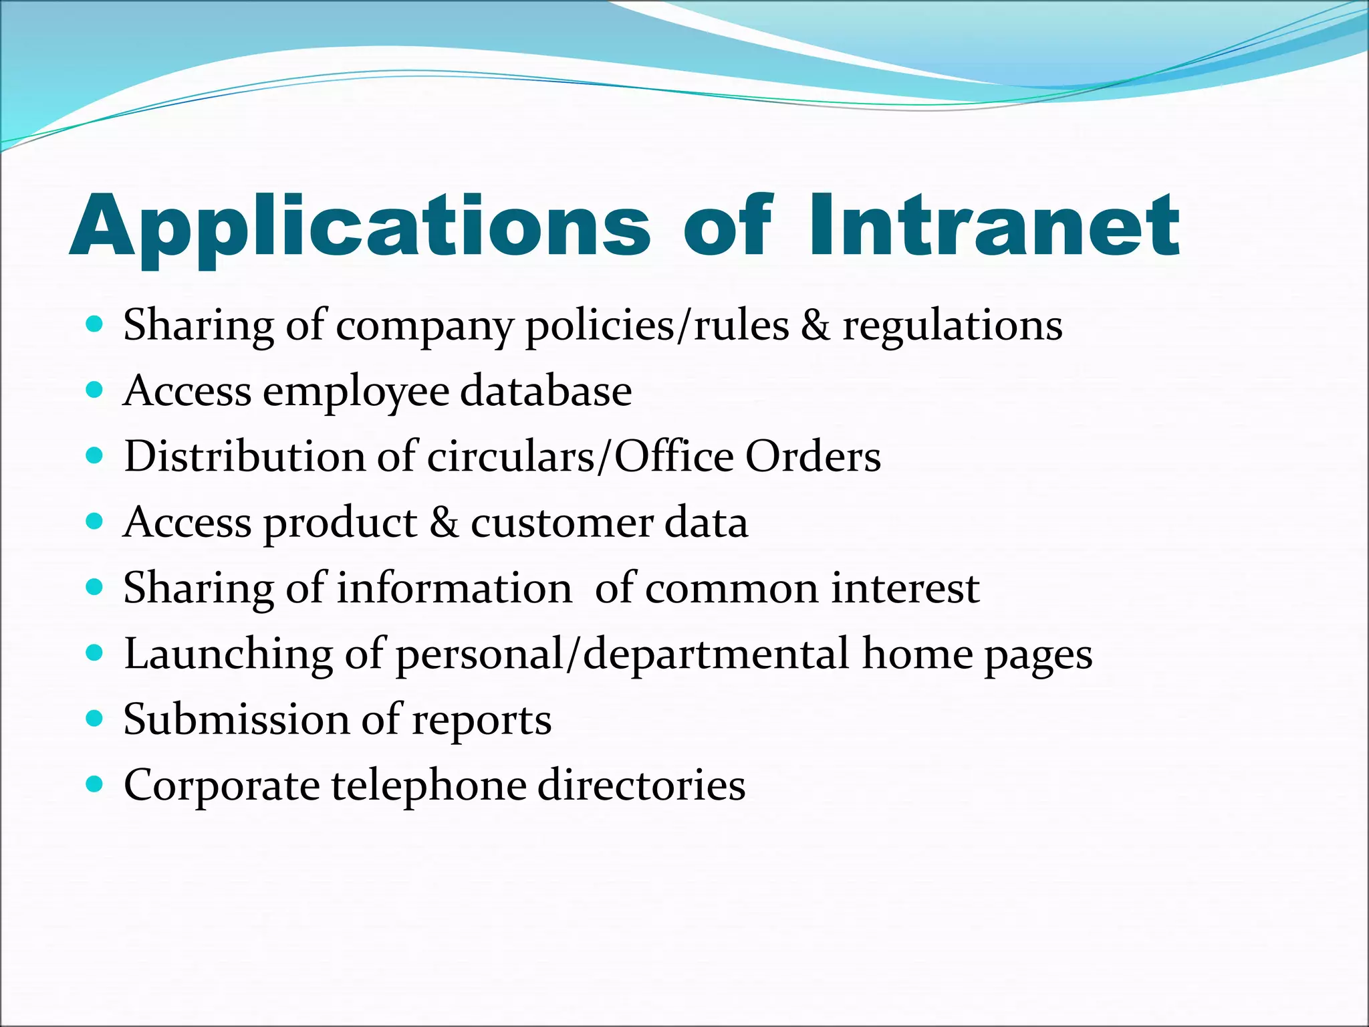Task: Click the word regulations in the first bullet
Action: pos(952,326)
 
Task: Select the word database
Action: pos(545,391)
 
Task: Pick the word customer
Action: pos(562,523)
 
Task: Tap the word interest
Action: pos(905,588)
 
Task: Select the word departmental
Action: pos(716,654)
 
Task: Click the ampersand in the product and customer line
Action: pos(444,523)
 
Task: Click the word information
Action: pos(454,588)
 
